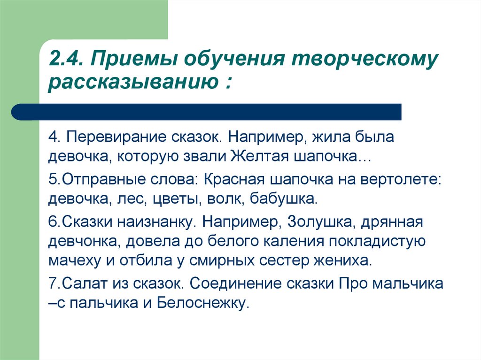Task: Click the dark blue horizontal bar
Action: pyautogui.click(x=206, y=112)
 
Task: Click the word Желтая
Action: pyautogui.click(x=259, y=156)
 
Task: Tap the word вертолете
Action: pyautogui.click(x=401, y=179)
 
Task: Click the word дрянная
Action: pyautogui.click(x=392, y=222)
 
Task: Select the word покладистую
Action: pyautogui.click(x=377, y=241)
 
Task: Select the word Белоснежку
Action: pyautogui.click(x=202, y=303)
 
